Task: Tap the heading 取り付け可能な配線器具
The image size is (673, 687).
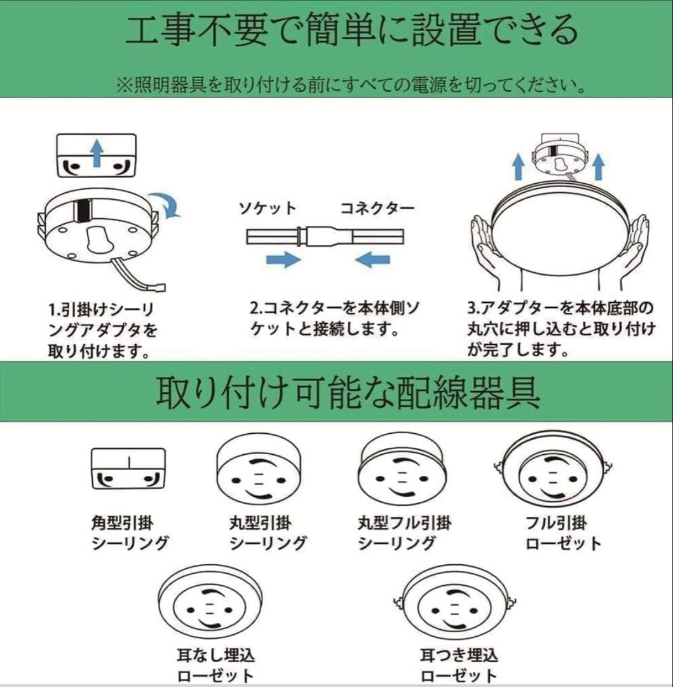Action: [348, 393]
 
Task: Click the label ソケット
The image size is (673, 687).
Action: [267, 209]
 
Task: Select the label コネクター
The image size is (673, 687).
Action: [376, 209]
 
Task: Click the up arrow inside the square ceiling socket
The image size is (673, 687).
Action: [96, 153]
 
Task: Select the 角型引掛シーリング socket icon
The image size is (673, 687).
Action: [128, 469]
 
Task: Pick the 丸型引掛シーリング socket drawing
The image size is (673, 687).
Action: [254, 471]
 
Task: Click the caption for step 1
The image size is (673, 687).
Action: [104, 330]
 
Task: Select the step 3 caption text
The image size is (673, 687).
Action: [561, 329]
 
